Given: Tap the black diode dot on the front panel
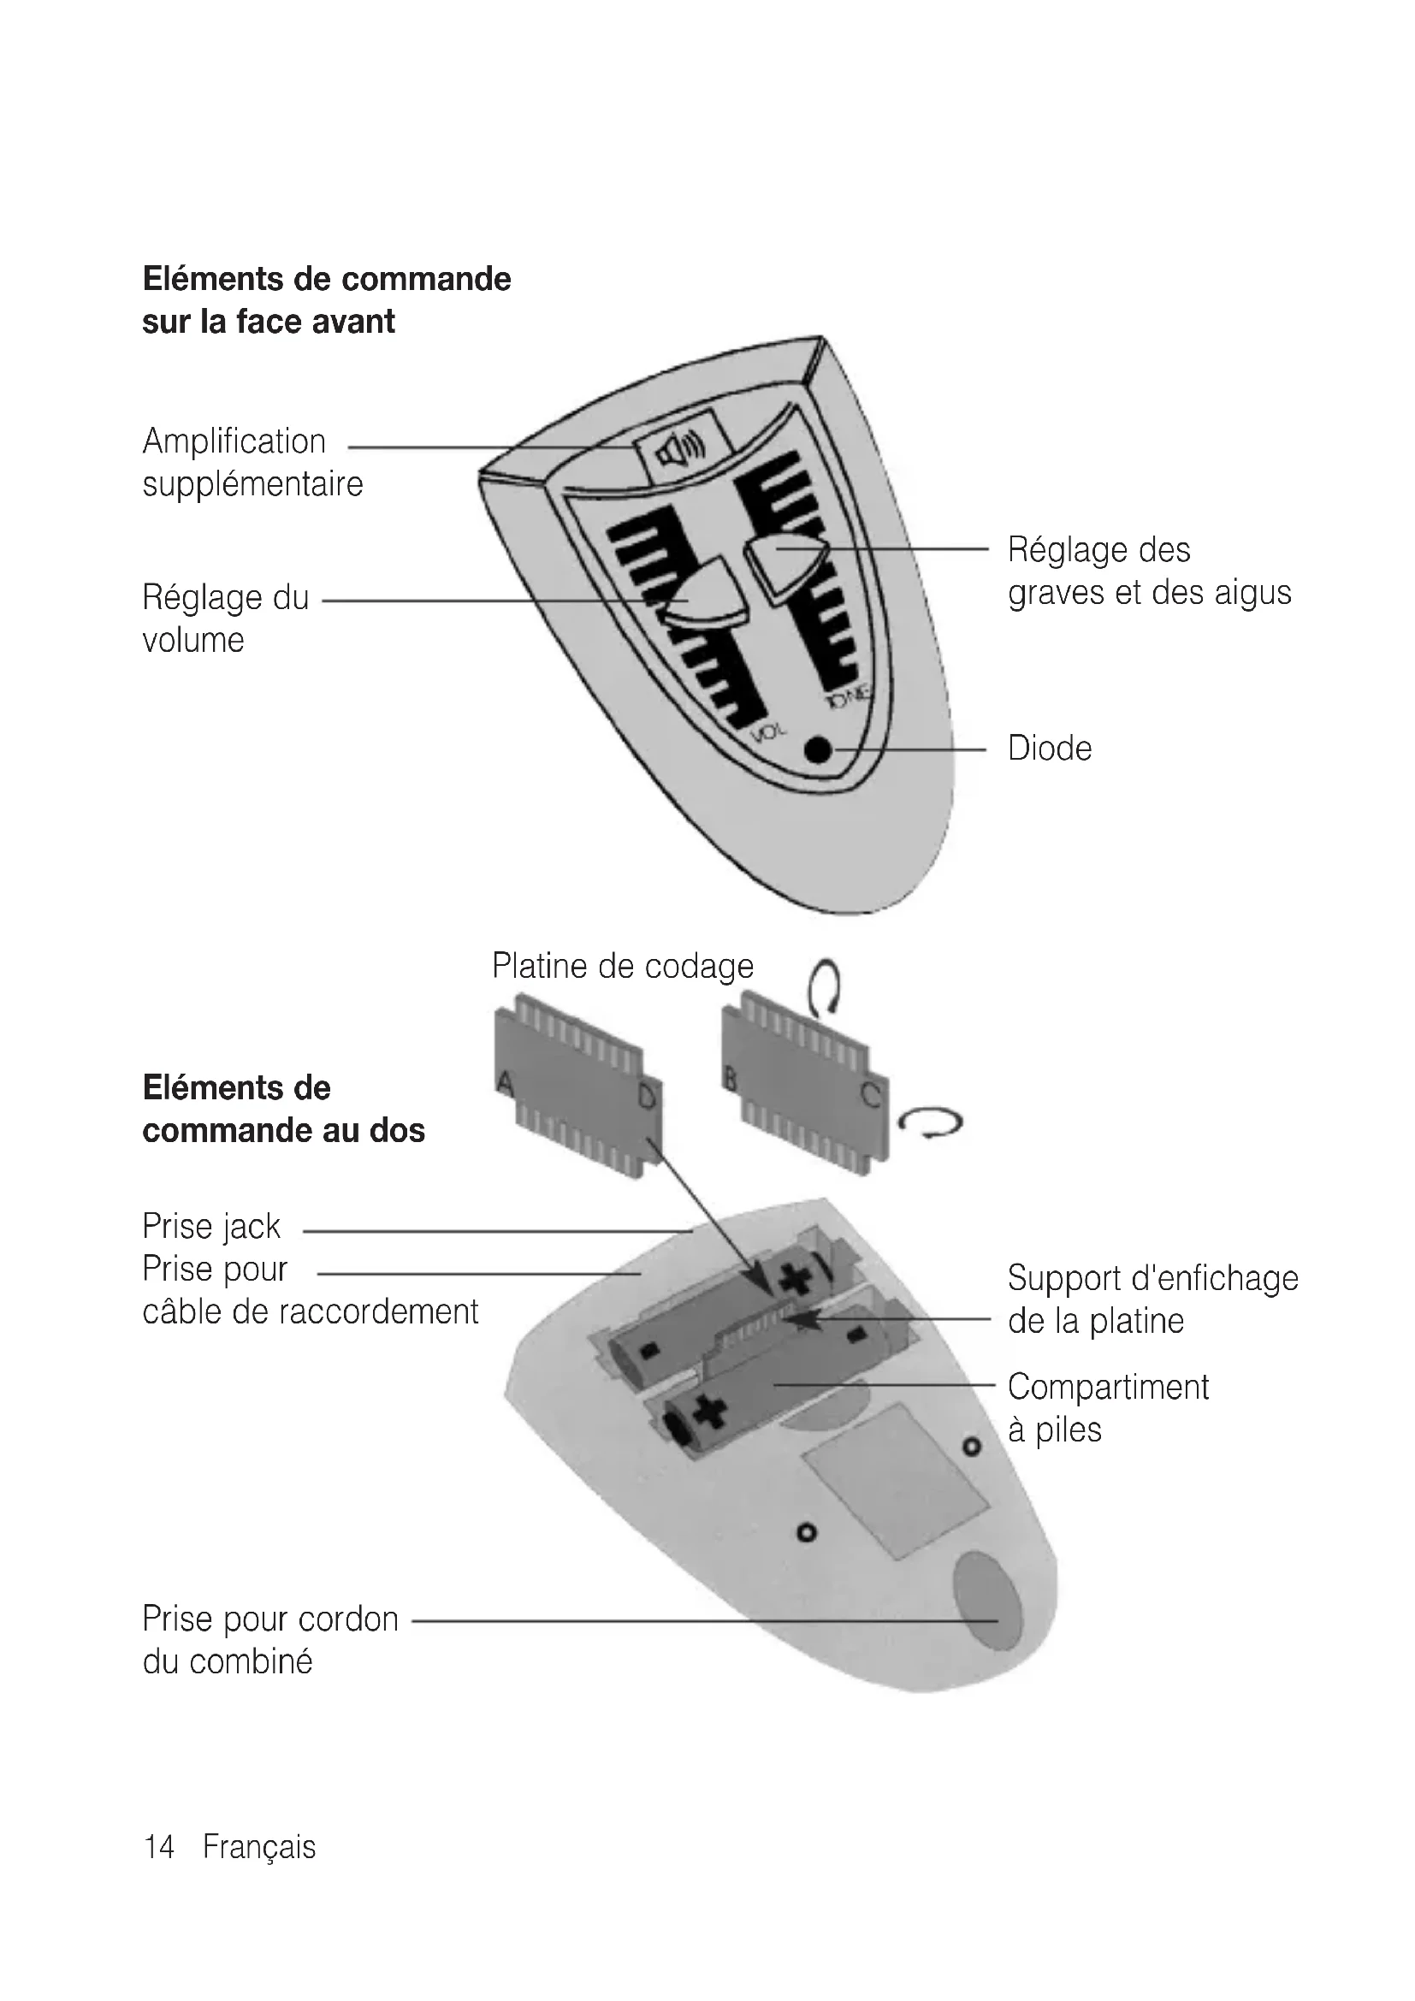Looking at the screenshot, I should point(818,749).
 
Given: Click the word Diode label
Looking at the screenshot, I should point(1049,749).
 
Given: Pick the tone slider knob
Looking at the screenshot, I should point(787,560).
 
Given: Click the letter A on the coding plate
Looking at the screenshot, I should point(506,1083).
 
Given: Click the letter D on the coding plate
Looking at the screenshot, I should point(648,1097).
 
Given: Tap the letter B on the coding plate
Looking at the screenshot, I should point(730,1079).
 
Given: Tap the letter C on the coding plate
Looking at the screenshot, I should point(870,1096).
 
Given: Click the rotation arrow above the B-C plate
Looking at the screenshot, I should point(825,986).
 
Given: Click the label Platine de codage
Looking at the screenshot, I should point(622,966).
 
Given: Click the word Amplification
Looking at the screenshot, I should point(234,441).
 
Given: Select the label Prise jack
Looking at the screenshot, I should point(210,1226).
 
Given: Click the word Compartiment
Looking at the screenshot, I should point(1107,1387).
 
